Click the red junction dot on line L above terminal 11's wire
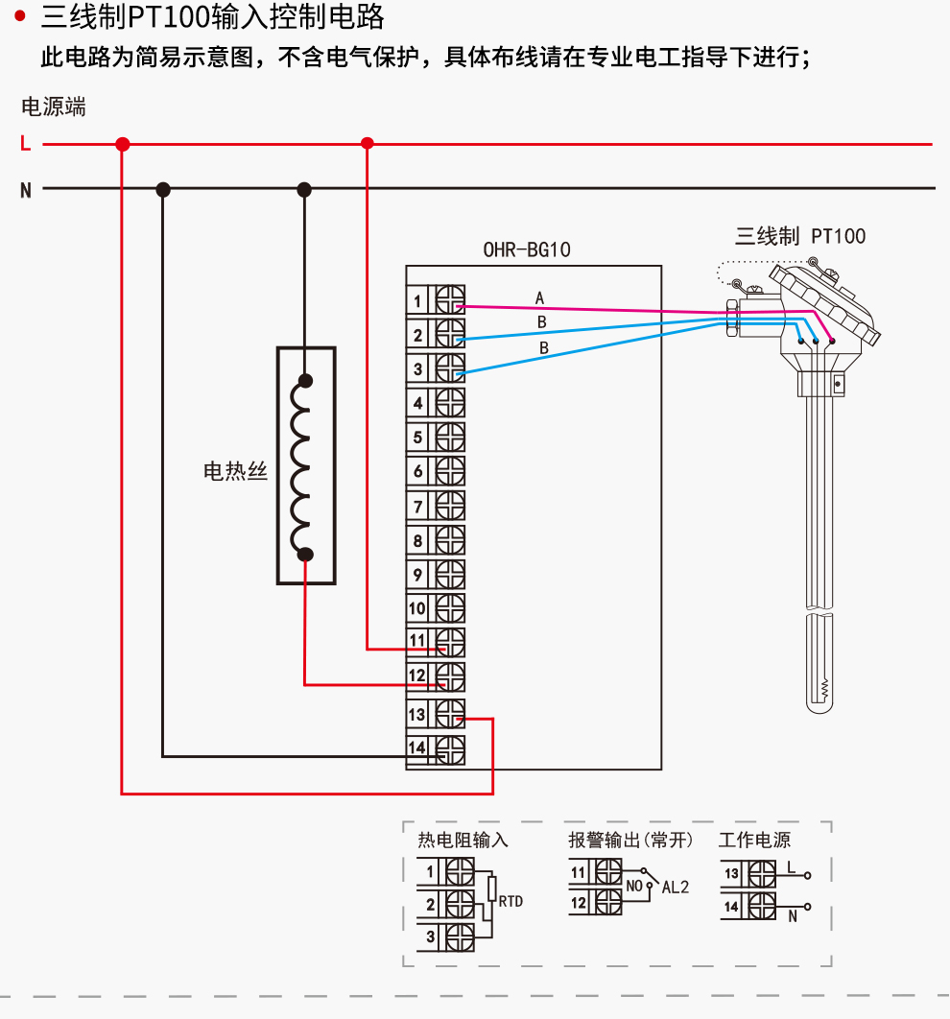click(367, 144)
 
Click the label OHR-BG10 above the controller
click(527, 250)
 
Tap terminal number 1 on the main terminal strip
click(417, 301)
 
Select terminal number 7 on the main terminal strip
click(417, 507)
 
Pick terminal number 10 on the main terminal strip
click(416, 608)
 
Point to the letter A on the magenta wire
click(539, 298)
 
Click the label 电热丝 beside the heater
click(235, 471)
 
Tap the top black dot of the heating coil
click(305, 380)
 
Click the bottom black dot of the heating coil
click(305, 554)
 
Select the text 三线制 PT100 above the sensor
click(800, 236)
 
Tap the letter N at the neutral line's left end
click(26, 190)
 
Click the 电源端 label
click(54, 107)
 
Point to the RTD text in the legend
click(511, 901)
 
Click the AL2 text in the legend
click(675, 888)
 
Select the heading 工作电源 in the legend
click(754, 841)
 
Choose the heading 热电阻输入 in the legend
click(463, 841)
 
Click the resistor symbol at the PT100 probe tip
click(824, 687)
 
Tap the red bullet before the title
click(20, 16)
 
